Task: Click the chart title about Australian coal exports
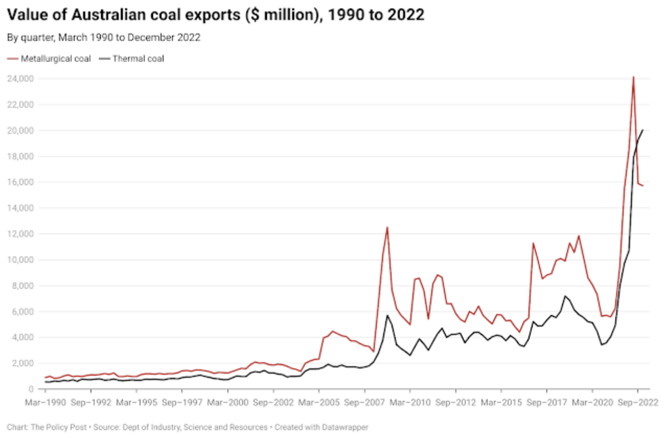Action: click(216, 15)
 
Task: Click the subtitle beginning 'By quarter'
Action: click(104, 38)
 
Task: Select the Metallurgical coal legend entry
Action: click(50, 59)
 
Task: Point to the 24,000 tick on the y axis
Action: click(20, 79)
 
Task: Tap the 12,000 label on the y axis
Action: click(20, 234)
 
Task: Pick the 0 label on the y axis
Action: click(31, 389)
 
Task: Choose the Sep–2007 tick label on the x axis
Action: click(365, 403)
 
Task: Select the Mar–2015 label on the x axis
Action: click(502, 403)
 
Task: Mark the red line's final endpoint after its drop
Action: click(643, 186)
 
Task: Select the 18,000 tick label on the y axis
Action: click(20, 156)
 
